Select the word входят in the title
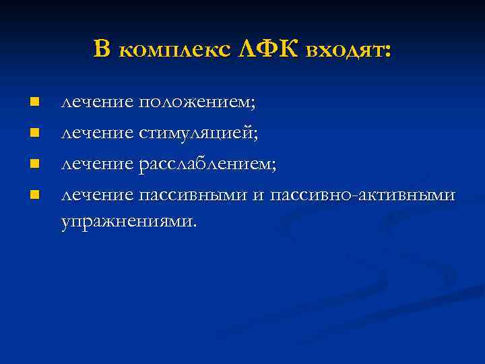[343, 49]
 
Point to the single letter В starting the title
[102, 49]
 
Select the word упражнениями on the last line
[129, 221]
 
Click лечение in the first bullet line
[97, 102]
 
